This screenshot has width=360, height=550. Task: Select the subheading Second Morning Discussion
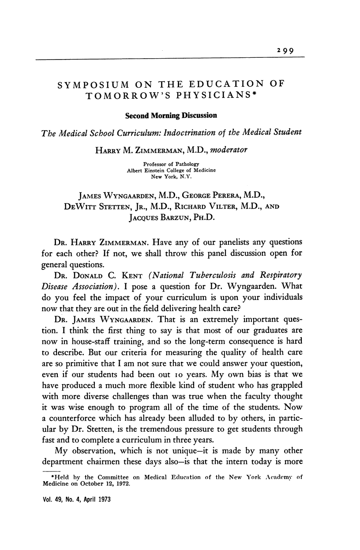coord(171,116)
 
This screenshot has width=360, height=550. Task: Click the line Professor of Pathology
coord(171,164)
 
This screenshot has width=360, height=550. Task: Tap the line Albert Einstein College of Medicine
coord(171,170)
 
